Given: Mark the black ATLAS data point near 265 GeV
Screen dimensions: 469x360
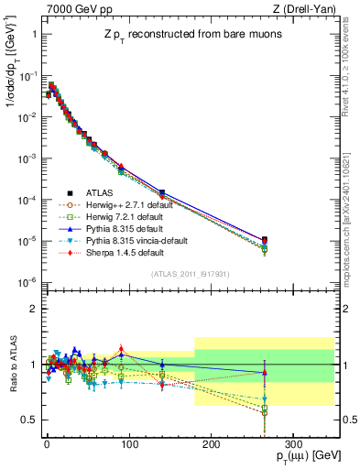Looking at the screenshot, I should (264, 240).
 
